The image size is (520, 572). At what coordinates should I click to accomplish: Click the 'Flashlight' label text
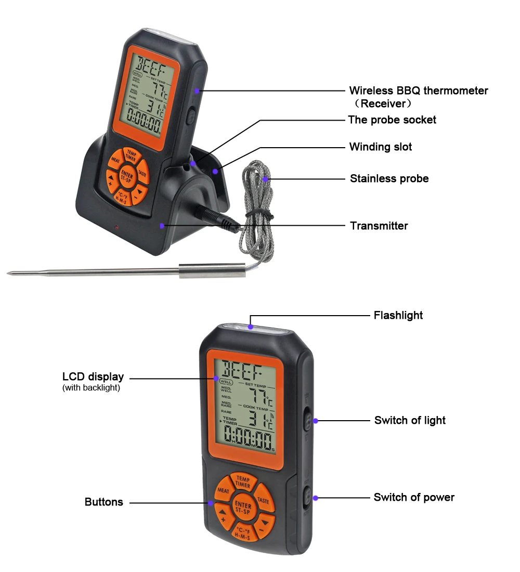click(398, 315)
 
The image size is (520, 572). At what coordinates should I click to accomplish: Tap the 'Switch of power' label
click(414, 498)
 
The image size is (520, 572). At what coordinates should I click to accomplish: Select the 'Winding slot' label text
click(381, 147)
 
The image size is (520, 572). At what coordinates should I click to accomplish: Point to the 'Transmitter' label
click(379, 226)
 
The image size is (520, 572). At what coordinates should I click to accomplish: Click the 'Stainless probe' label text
click(389, 179)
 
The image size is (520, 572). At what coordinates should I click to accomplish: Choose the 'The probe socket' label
click(392, 120)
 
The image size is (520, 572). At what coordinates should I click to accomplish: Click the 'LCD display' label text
click(93, 377)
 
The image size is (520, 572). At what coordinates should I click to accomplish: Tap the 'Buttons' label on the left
click(104, 502)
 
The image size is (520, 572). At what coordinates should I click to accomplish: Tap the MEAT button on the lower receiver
click(224, 491)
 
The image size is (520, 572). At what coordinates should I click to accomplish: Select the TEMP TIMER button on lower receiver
click(243, 481)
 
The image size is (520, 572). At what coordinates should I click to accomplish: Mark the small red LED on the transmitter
click(116, 228)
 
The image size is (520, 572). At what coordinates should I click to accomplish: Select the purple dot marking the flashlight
click(251, 327)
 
